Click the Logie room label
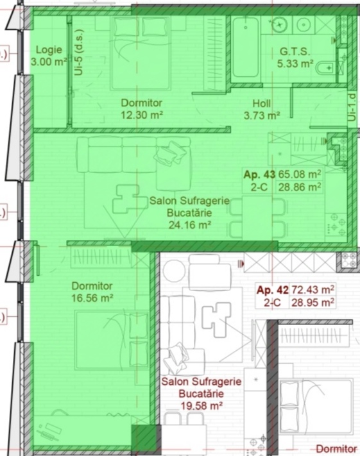[x=49, y=50]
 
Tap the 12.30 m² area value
[x=141, y=115]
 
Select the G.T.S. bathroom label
[x=295, y=51]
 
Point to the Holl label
[x=262, y=103]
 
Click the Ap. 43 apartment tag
[x=259, y=174]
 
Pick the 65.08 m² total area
[x=300, y=174]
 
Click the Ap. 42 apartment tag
[x=272, y=290]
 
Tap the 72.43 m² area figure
[x=313, y=290]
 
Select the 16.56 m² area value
[x=92, y=298]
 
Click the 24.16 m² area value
[x=189, y=225]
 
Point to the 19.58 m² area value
[x=201, y=405]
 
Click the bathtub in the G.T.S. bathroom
[x=246, y=47]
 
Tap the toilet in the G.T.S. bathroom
[x=326, y=68]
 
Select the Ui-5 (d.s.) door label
[x=79, y=53]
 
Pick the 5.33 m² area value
[x=295, y=63]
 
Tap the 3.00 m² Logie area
[x=49, y=62]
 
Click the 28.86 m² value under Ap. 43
[x=300, y=187]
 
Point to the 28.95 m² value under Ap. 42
[x=313, y=303]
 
